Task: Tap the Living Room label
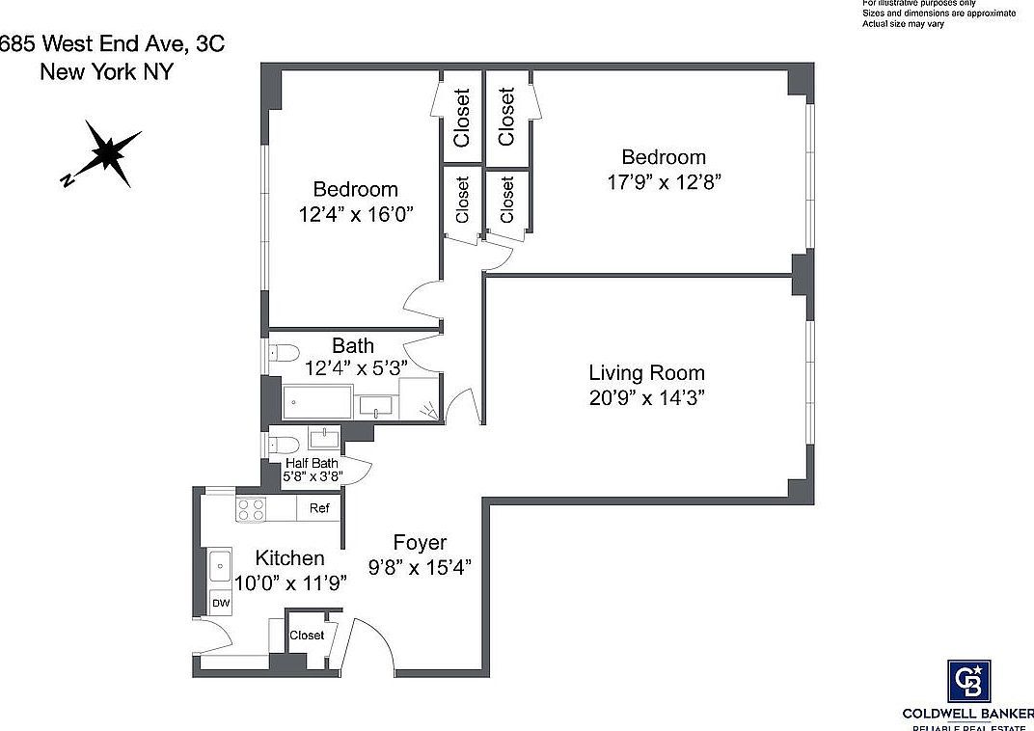(646, 372)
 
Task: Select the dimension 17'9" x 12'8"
(664, 182)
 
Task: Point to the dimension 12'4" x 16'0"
(355, 214)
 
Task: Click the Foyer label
(420, 543)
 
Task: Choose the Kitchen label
(289, 558)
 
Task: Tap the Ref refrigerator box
(318, 508)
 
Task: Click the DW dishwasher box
(221, 603)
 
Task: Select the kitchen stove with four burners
(253, 508)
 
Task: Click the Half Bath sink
(323, 439)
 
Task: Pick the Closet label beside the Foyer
(307, 636)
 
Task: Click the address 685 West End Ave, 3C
(113, 42)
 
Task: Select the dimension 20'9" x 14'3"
(646, 398)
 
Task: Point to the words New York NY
(106, 71)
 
